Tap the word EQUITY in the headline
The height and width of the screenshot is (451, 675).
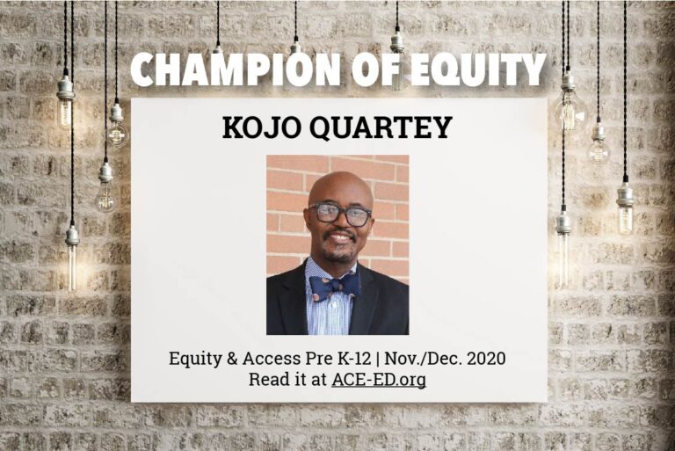click(478, 69)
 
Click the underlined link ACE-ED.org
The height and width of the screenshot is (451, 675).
click(379, 380)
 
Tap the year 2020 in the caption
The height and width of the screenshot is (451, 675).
click(486, 359)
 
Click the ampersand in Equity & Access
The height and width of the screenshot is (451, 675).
click(232, 359)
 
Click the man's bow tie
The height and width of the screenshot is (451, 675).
click(335, 287)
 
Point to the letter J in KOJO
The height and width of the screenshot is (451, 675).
click(267, 127)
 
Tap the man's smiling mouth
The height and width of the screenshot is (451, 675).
click(340, 237)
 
